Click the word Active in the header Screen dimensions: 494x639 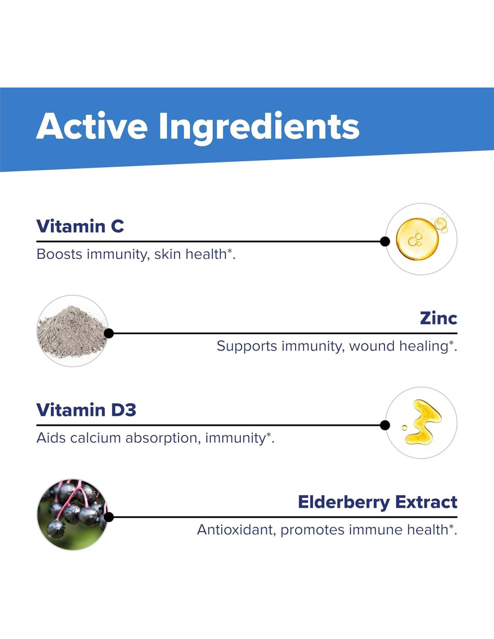(x=92, y=125)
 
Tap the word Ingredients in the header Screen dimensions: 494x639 (x=260, y=129)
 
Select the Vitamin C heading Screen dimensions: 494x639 (x=80, y=226)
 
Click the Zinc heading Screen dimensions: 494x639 (x=438, y=318)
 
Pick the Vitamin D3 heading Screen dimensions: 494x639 (x=86, y=410)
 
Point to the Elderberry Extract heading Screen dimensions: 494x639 (x=378, y=502)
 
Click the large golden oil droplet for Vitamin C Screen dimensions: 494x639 (x=417, y=239)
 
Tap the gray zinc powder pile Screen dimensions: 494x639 (x=72, y=332)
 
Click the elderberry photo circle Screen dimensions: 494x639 (x=73, y=515)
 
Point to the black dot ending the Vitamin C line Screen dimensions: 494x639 (x=385, y=241)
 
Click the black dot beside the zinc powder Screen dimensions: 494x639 (x=109, y=333)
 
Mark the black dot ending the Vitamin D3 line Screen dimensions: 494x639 (x=385, y=425)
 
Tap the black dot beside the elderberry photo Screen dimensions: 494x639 (x=109, y=517)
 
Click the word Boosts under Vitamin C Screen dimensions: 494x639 (x=59, y=254)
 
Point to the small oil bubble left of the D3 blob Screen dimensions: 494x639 (x=404, y=427)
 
